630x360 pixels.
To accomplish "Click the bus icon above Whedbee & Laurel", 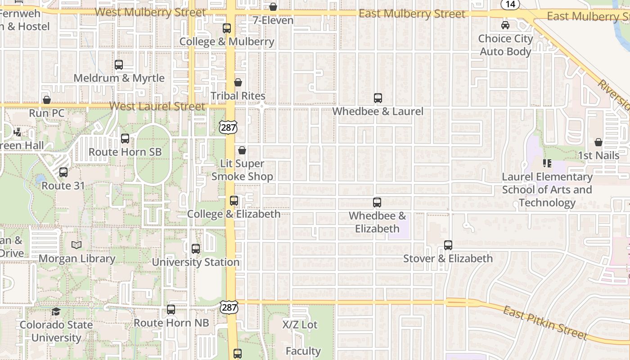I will (378, 98).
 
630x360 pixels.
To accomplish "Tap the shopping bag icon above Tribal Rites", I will (238, 82).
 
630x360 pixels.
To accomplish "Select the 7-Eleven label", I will (273, 20).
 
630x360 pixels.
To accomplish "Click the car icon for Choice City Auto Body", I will (505, 25).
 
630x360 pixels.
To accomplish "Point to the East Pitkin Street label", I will (545, 323).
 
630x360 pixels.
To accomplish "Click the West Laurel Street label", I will (157, 107).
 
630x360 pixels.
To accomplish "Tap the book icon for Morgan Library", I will (76, 245).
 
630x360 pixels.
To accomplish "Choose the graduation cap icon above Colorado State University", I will (56, 312).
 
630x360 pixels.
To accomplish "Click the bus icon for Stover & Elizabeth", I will (448, 245).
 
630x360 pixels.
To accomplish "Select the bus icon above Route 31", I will (63, 172).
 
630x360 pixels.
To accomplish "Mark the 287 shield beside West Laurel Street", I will (229, 127).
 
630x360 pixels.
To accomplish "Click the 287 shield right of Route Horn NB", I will (229, 308).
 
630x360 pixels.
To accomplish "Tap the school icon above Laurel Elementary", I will (547, 163).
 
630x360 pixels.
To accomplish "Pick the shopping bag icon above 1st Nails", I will (598, 143).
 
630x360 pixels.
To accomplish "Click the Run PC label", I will (47, 113).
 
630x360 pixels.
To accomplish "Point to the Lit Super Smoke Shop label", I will (242, 170).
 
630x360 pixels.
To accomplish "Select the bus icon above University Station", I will (196, 249).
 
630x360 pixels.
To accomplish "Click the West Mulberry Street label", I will (150, 12).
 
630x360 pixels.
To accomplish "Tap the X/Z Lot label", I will (300, 324).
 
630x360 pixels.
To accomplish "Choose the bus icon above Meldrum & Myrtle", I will (119, 65).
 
